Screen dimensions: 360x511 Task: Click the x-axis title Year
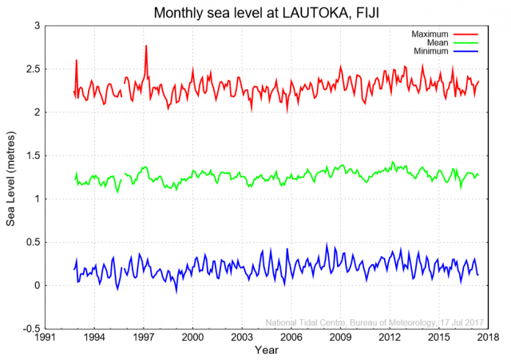click(x=267, y=350)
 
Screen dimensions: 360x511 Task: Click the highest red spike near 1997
click(x=146, y=46)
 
